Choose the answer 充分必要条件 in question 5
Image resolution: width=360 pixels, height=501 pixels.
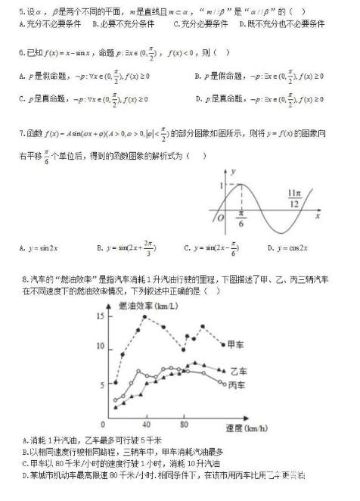[200, 25]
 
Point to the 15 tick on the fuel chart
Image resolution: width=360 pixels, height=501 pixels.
[101, 316]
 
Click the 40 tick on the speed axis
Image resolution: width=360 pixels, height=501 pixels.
[146, 423]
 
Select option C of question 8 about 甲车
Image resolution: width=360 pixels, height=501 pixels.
[121, 463]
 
